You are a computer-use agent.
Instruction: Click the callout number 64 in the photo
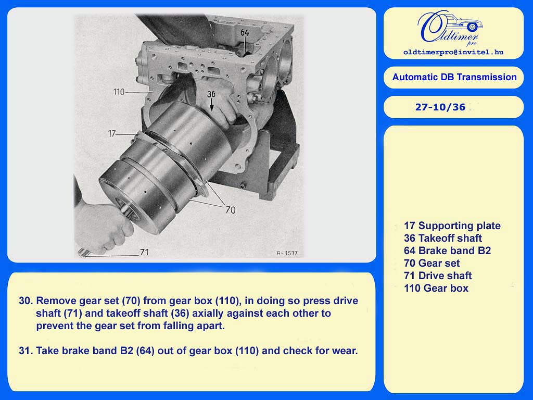pyautogui.click(x=245, y=33)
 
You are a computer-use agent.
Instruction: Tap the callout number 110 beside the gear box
pyautogui.click(x=119, y=92)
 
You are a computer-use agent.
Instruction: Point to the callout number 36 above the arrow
pyautogui.click(x=211, y=94)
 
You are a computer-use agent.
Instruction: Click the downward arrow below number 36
pyautogui.click(x=211, y=105)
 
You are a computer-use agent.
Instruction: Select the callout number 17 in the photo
pyautogui.click(x=112, y=134)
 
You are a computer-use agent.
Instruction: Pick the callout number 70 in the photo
pyautogui.click(x=231, y=210)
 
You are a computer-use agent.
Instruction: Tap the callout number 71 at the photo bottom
pyautogui.click(x=145, y=252)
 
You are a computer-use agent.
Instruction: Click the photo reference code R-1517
pyautogui.click(x=287, y=253)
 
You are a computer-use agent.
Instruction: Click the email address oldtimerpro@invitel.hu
pyautogui.click(x=453, y=52)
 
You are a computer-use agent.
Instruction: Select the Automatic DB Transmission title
pyautogui.click(x=454, y=77)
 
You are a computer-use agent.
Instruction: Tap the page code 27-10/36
pyautogui.click(x=440, y=107)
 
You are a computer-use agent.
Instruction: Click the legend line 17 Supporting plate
pyautogui.click(x=452, y=226)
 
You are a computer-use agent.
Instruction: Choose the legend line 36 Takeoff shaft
pyautogui.click(x=443, y=238)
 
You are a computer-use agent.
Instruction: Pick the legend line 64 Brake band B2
pyautogui.click(x=447, y=251)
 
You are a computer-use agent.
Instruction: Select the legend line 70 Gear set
pyautogui.click(x=432, y=263)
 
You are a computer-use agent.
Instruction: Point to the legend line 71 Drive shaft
pyautogui.click(x=438, y=276)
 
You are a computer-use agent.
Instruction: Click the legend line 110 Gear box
pyautogui.click(x=436, y=288)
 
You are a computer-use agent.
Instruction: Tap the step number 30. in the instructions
pyautogui.click(x=26, y=301)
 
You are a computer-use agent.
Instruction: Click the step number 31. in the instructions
pyautogui.click(x=26, y=351)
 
